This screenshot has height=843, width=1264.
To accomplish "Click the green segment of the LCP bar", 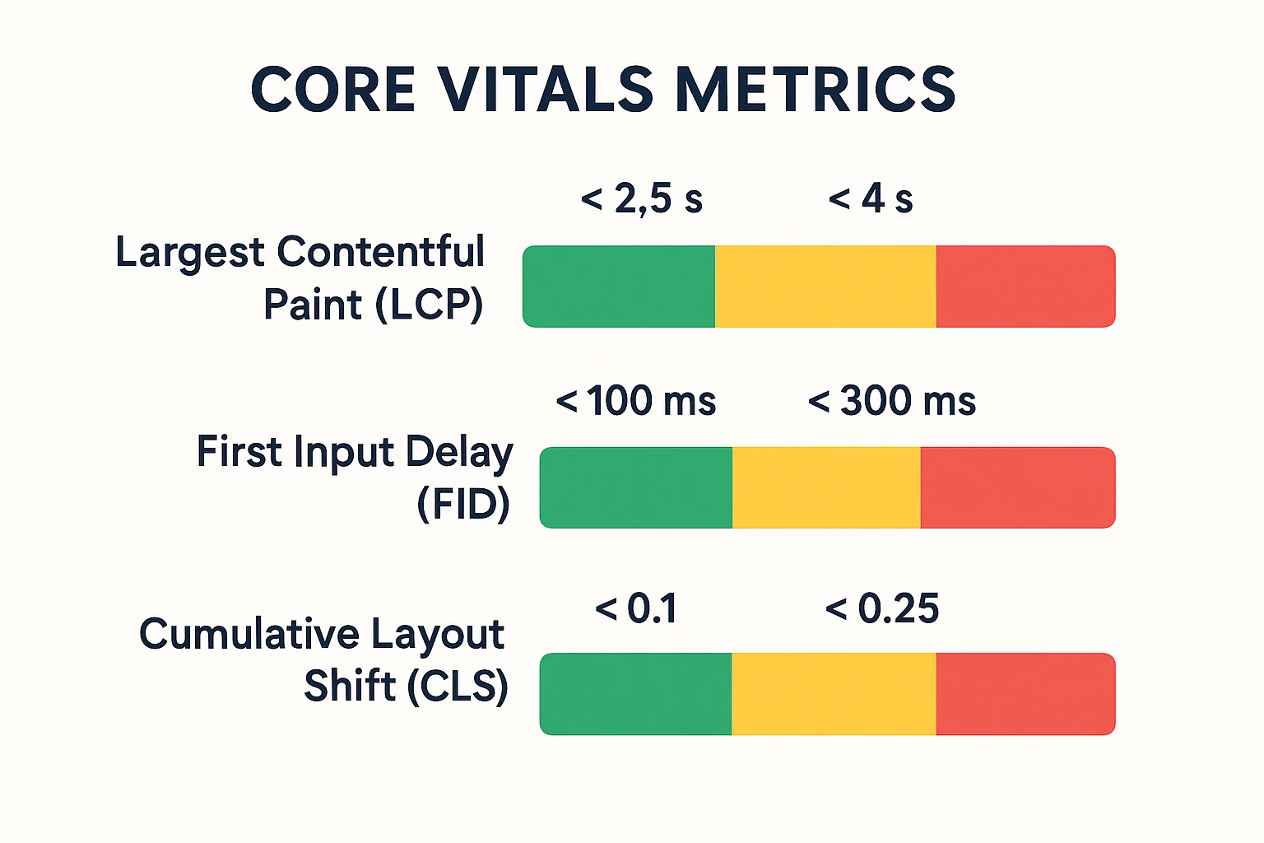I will click(619, 286).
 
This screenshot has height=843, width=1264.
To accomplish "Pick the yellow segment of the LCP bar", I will click(825, 286).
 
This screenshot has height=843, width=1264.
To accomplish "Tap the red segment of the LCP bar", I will click(1025, 286).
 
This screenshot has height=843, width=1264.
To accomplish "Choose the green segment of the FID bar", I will click(636, 487).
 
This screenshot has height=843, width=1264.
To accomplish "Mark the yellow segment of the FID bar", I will click(826, 487).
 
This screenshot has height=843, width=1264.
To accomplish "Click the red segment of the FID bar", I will click(1017, 487).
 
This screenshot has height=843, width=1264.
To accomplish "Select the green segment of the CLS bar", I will click(636, 694).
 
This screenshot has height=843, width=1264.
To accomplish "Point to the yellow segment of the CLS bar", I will click(834, 694).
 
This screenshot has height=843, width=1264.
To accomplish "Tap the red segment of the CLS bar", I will click(1025, 694).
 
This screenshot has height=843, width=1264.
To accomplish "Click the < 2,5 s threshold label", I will click(642, 199).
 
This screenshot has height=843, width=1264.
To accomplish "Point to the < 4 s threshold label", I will click(871, 199).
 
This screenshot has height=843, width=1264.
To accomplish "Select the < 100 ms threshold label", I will click(636, 402).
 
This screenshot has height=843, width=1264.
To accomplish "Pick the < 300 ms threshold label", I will click(892, 402).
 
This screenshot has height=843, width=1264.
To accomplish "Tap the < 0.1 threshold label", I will click(636, 609).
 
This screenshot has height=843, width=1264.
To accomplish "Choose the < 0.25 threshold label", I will click(881, 609).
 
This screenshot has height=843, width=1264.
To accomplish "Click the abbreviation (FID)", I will click(463, 504).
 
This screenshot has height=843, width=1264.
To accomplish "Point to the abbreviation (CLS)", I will click(458, 686).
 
